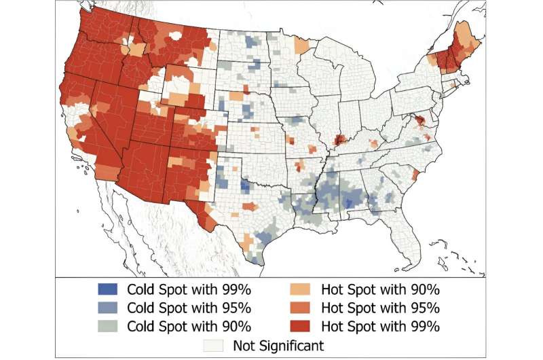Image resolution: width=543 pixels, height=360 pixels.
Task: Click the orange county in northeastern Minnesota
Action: pos(301,46)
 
